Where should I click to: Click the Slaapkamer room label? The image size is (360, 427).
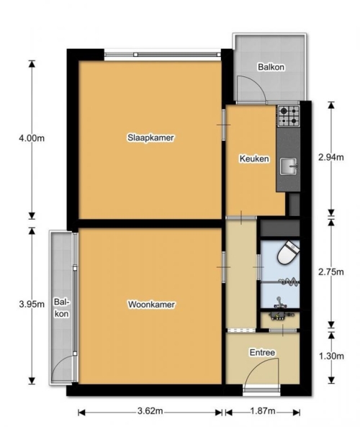click(x=150, y=138)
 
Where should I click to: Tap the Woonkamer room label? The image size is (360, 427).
click(x=151, y=304)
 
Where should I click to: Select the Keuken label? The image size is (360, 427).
click(x=254, y=158)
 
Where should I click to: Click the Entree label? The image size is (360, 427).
click(x=262, y=352)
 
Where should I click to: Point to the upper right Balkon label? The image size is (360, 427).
click(x=271, y=67)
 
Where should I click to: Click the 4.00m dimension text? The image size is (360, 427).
click(x=32, y=138)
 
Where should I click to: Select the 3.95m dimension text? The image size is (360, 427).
click(x=32, y=304)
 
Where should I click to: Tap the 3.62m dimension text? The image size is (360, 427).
click(x=150, y=411)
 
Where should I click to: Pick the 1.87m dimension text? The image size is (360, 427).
click(x=263, y=411)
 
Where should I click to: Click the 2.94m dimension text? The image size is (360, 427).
click(x=331, y=157)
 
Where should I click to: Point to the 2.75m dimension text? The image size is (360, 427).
click(x=331, y=271)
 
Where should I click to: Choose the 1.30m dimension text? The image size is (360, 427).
click(x=331, y=356)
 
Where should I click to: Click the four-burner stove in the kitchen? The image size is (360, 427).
click(x=289, y=116)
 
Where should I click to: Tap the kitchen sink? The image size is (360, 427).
click(x=289, y=166)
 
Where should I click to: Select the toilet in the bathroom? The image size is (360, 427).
click(x=288, y=253)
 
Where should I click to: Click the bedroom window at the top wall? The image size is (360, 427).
click(x=163, y=55)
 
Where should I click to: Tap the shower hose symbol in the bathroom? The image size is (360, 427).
click(x=289, y=281)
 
